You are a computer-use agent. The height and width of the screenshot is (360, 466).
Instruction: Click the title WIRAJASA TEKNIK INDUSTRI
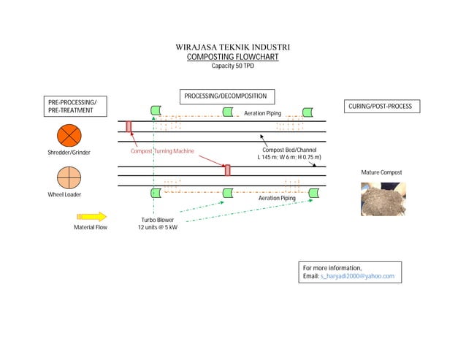[232, 47]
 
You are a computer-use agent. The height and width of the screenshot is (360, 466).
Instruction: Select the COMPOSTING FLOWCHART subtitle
[232, 57]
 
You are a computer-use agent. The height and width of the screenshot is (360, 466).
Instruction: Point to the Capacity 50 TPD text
[232, 66]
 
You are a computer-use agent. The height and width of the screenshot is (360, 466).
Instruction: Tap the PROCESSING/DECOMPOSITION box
[225, 96]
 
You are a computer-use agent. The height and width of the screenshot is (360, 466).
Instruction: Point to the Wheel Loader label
[65, 195]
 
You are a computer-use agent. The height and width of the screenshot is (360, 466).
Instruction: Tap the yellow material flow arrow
[91, 216]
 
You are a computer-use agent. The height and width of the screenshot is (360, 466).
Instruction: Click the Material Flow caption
[91, 227]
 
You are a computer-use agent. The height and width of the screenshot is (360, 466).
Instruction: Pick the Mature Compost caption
[381, 173]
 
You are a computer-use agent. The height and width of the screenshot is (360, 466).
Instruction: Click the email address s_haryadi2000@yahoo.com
[357, 276]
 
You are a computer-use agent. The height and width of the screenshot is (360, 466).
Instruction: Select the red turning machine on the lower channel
[227, 170]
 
